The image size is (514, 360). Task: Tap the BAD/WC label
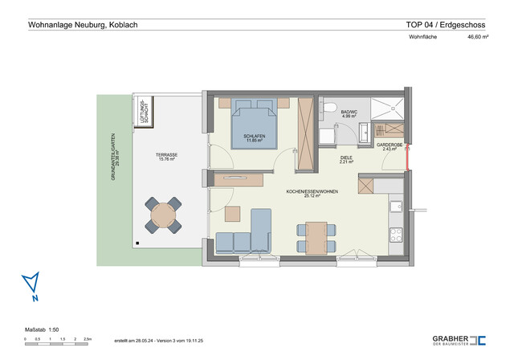coord(349,114)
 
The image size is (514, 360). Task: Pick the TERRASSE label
coord(166,156)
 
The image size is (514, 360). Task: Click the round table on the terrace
coord(164,215)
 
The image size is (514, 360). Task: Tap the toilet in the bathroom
coord(330,107)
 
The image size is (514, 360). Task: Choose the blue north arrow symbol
coord(31,284)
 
